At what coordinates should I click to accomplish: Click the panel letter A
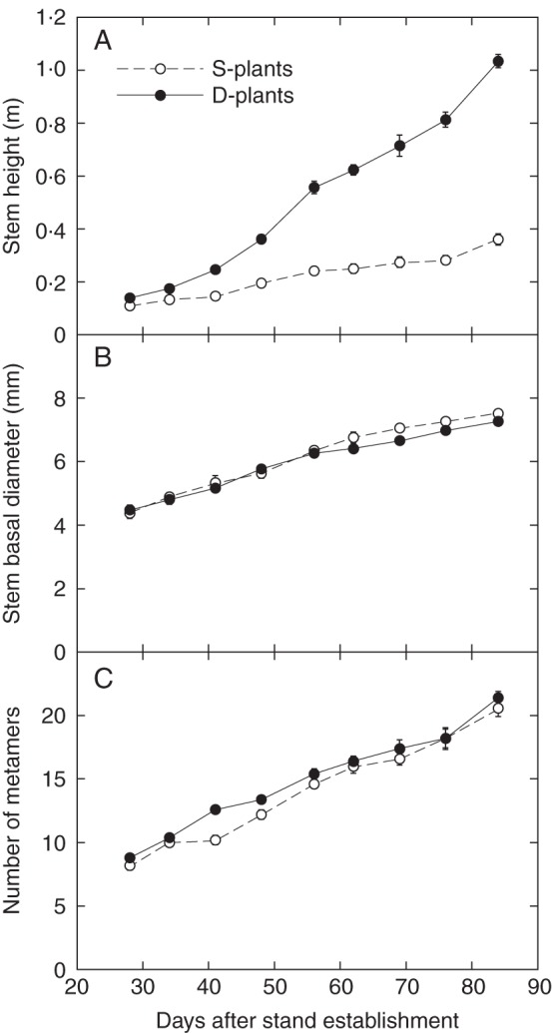pos(102,41)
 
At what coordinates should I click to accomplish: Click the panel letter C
pos(102,681)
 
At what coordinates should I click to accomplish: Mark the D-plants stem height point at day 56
pos(313,188)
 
